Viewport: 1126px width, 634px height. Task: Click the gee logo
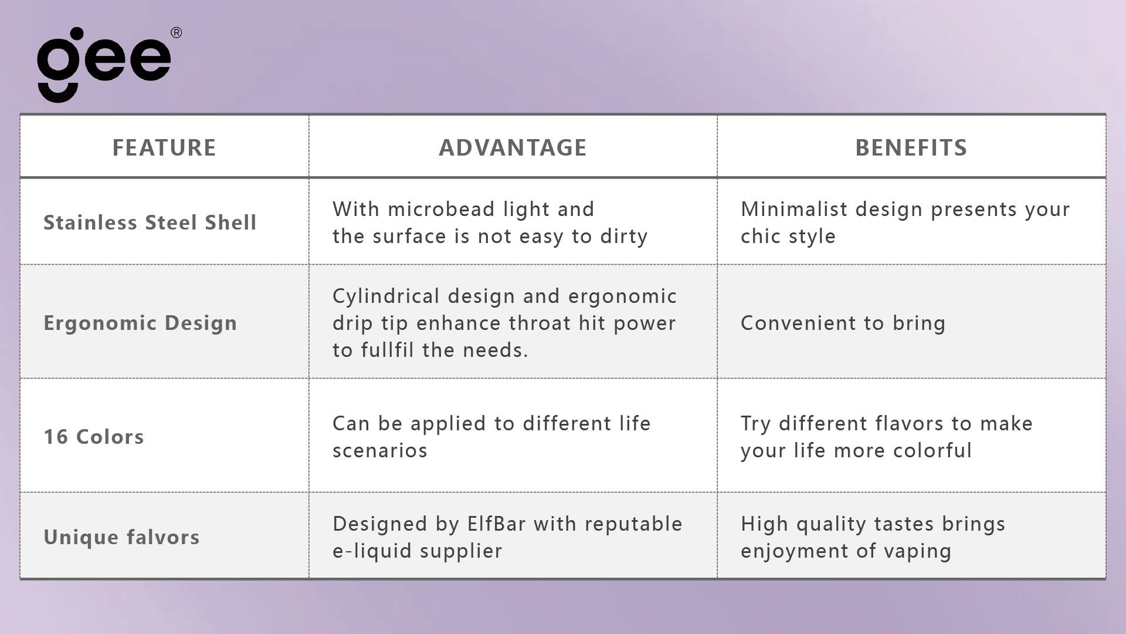(x=104, y=65)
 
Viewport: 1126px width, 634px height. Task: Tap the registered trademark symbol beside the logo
(x=176, y=33)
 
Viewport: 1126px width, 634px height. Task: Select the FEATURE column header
(x=164, y=147)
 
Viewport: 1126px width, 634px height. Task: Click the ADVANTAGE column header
(x=513, y=147)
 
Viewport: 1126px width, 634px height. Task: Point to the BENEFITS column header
(x=911, y=147)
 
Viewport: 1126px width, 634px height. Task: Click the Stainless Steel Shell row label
(x=150, y=222)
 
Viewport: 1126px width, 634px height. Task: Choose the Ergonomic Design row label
(x=140, y=323)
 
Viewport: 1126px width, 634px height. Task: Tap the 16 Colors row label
(x=94, y=437)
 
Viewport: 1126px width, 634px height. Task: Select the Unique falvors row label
(x=121, y=537)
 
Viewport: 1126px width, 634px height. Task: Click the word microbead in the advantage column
(x=441, y=209)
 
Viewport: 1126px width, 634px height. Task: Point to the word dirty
(x=624, y=237)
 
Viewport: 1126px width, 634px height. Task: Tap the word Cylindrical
(x=386, y=296)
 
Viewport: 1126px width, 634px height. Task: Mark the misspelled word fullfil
(x=387, y=350)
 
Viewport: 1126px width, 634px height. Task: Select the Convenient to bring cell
(x=843, y=323)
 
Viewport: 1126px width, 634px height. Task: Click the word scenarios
(x=380, y=451)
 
